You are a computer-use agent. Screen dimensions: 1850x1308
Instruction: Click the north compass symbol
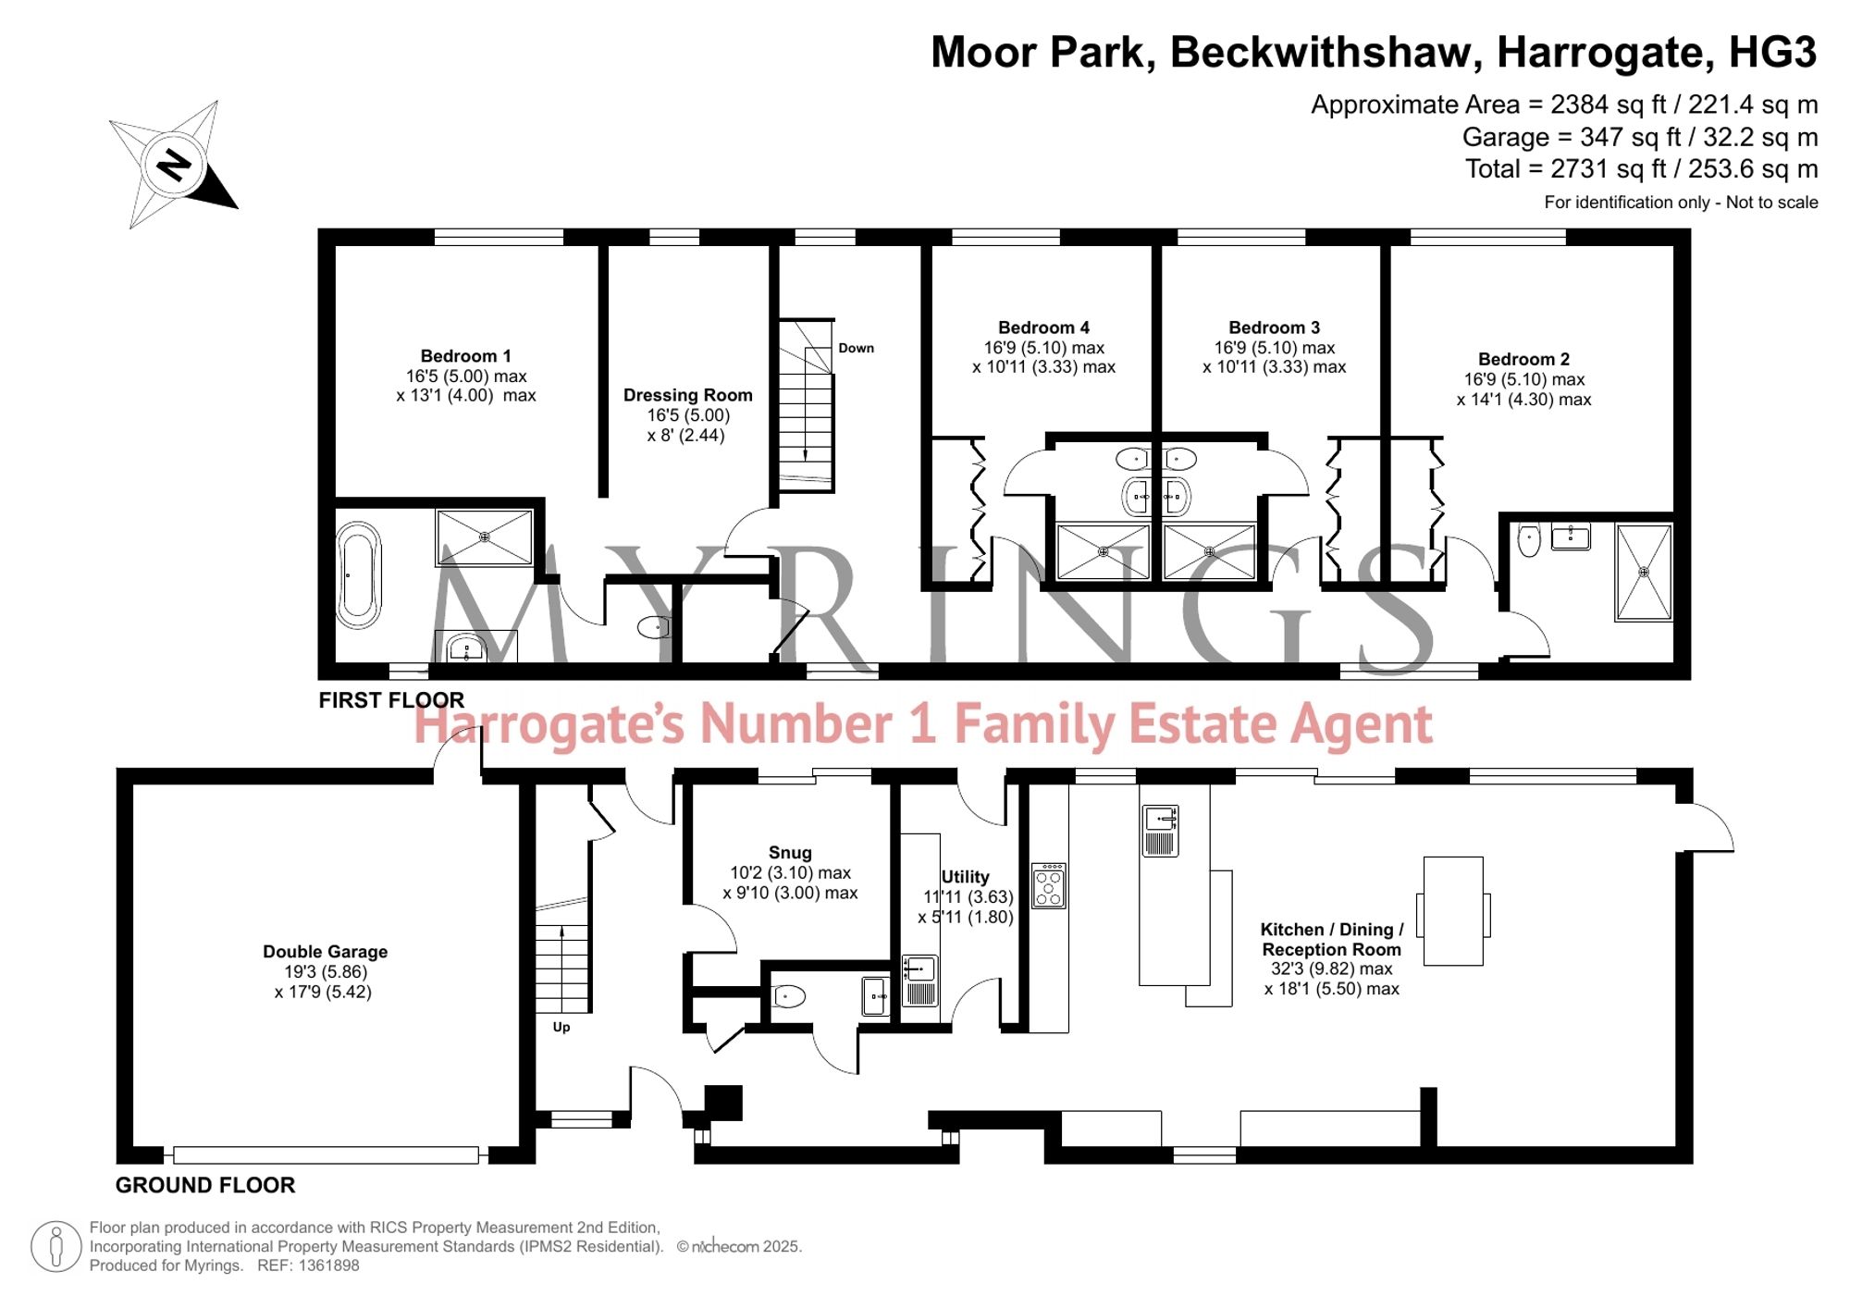click(174, 166)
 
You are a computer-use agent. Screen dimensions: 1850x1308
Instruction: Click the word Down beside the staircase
click(856, 348)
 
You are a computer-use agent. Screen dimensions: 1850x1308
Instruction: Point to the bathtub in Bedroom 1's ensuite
click(358, 575)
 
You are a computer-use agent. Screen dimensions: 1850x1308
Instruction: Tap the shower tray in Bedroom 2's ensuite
click(1644, 572)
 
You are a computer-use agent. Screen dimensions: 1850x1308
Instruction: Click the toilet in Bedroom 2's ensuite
click(1529, 539)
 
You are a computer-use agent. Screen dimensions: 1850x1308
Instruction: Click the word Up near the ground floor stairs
click(561, 1027)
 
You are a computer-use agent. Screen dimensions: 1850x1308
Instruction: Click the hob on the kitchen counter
click(1049, 886)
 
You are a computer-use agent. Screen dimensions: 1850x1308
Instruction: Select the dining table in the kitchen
click(1453, 911)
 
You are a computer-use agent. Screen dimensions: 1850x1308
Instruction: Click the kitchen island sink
click(1160, 831)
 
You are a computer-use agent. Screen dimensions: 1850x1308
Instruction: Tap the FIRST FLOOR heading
click(391, 700)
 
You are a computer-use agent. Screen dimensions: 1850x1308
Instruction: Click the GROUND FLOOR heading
click(205, 1185)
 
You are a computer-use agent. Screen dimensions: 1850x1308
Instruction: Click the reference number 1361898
click(328, 1265)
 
